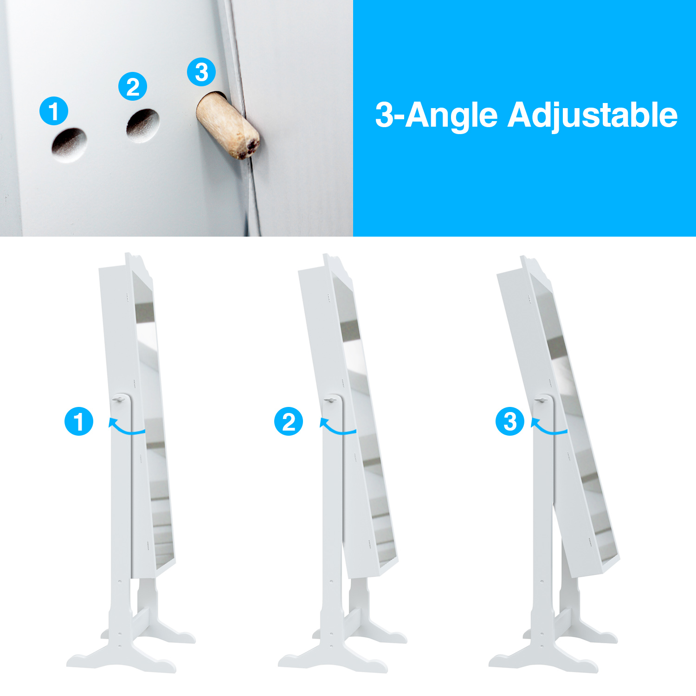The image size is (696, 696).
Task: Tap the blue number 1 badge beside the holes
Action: [54, 111]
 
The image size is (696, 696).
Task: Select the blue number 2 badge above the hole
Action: [133, 86]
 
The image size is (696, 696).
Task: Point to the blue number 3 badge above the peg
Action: [201, 72]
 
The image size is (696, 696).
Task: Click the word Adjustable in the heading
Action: [593, 115]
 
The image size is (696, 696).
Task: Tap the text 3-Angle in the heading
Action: [436, 116]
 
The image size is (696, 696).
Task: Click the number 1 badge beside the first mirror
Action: [79, 421]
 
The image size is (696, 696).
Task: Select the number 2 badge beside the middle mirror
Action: [289, 421]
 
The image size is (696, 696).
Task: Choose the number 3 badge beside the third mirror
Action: [510, 421]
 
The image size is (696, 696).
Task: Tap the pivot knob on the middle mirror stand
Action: [331, 400]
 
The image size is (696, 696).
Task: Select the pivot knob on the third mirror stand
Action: [541, 400]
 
